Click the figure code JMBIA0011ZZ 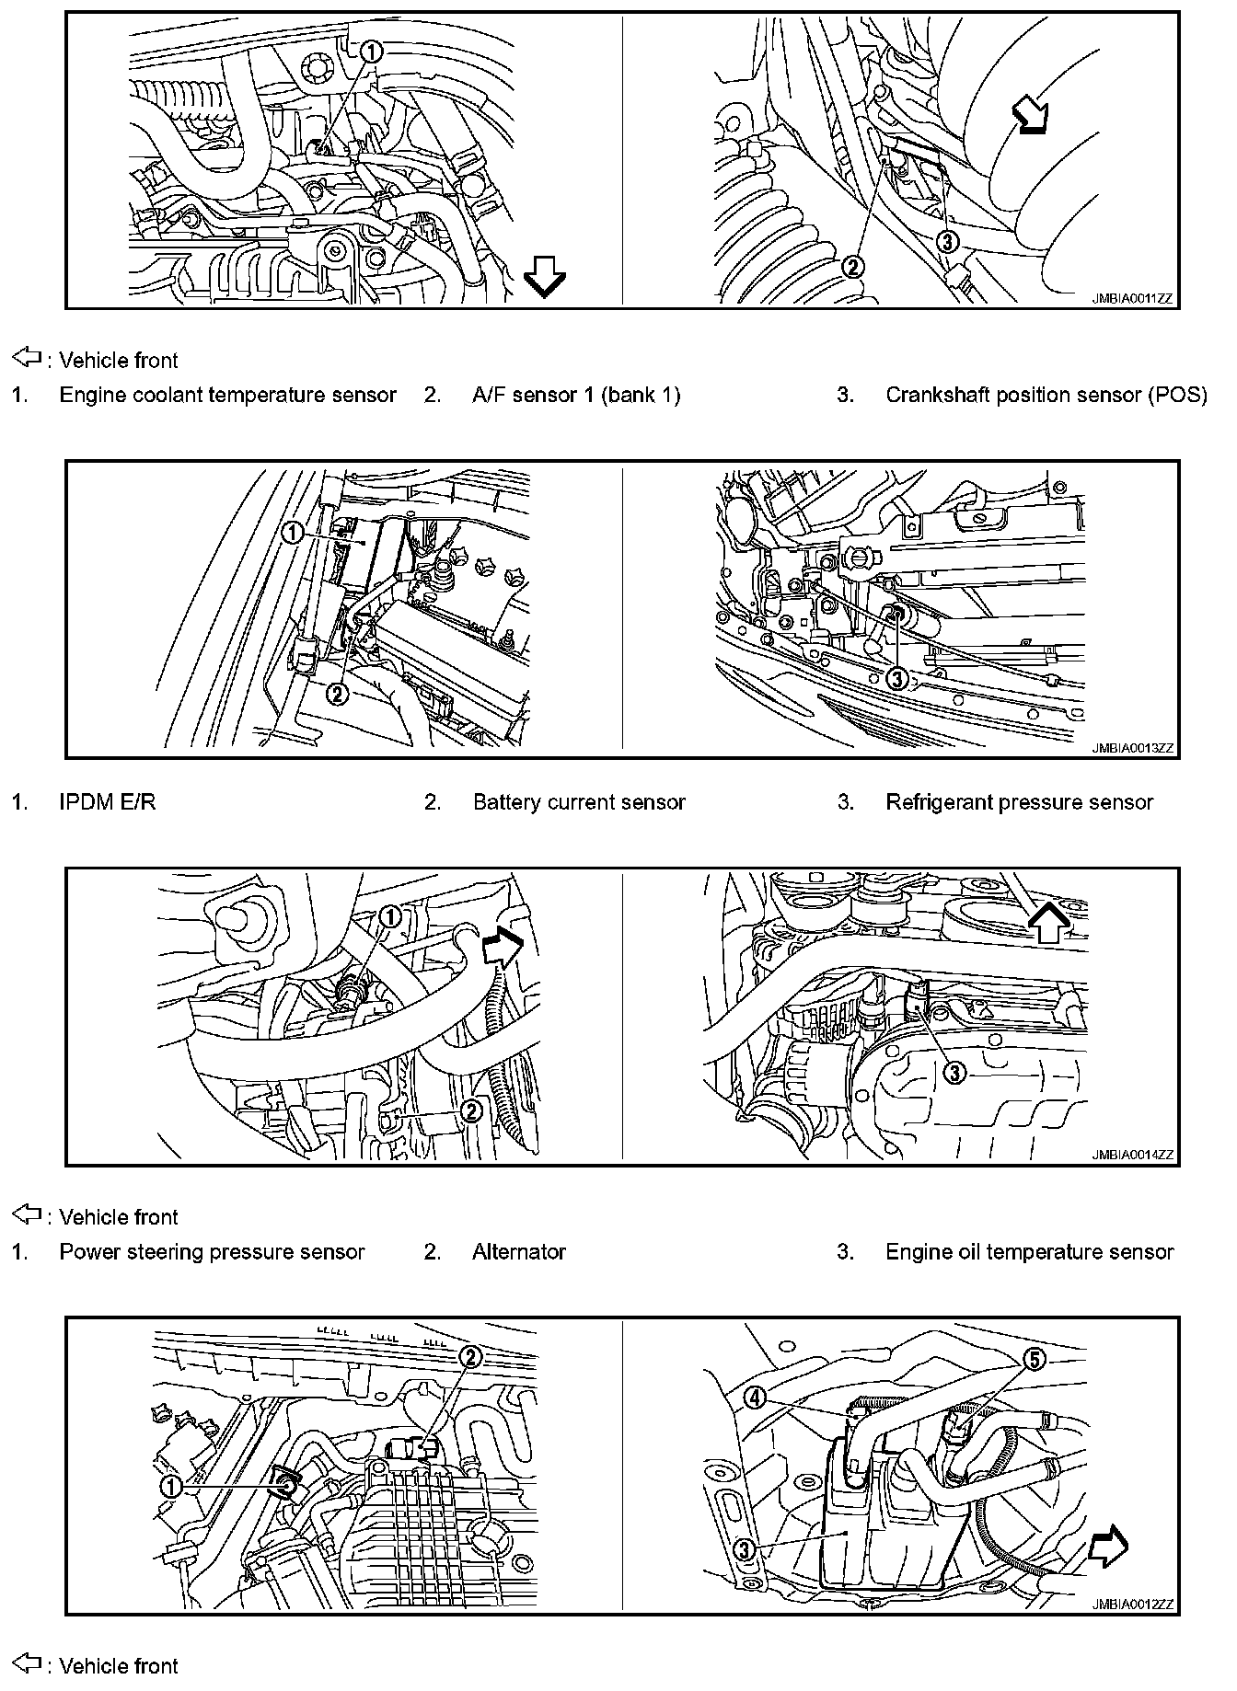coord(1133,299)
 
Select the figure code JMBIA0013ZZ coord(1133,749)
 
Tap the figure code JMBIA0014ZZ coord(1133,1156)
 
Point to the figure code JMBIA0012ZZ coord(1133,1605)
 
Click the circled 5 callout coord(1035,1359)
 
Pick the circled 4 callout coord(755,1398)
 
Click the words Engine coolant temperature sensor coord(227,395)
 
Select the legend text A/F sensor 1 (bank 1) coord(576,395)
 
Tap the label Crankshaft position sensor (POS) coord(1046,395)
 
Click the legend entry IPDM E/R coord(108,802)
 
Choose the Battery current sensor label coord(579,802)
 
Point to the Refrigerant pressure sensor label coord(1019,802)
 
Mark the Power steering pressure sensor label coord(212,1251)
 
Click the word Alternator coord(519,1251)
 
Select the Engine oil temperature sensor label coord(1029,1251)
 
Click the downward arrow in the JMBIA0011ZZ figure coord(544,276)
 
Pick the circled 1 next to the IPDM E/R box coord(293,533)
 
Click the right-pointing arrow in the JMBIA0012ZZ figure coord(1107,1547)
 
